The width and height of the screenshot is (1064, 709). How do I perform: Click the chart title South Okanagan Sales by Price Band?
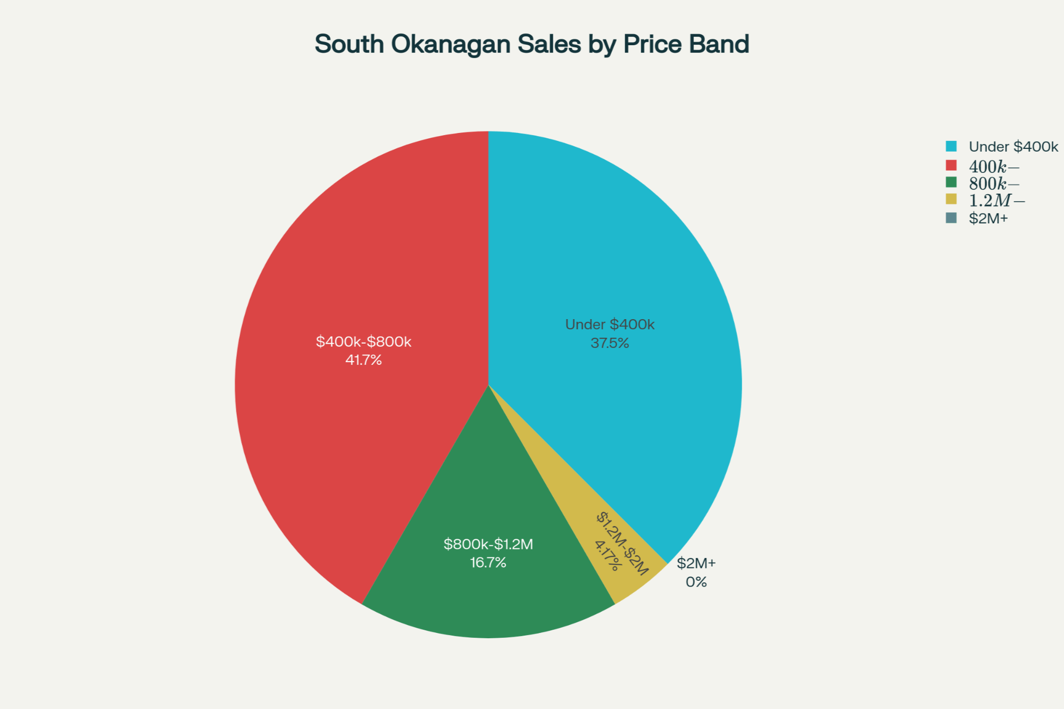tap(531, 44)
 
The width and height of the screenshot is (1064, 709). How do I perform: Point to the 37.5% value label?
tap(610, 343)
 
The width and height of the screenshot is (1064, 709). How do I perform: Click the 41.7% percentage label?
tap(363, 360)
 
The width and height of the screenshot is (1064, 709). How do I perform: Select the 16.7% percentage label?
tap(488, 563)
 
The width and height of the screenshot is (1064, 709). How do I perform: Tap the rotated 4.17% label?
tap(608, 556)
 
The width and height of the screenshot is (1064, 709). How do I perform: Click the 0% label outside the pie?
tap(696, 582)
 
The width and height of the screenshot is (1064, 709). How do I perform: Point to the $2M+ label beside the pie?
tap(696, 563)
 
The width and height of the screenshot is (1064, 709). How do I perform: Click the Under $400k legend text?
tap(1013, 147)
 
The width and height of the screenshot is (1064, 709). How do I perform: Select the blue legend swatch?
tap(951, 146)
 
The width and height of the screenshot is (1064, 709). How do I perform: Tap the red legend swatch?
tap(951, 165)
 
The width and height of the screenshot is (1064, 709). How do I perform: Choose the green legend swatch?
tap(951, 182)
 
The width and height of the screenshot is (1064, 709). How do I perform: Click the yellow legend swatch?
tap(951, 199)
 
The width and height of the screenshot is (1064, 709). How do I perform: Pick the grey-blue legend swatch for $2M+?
tap(951, 218)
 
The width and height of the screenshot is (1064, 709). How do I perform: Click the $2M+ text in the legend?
tap(988, 219)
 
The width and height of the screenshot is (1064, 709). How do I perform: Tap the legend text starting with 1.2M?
tap(996, 201)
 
